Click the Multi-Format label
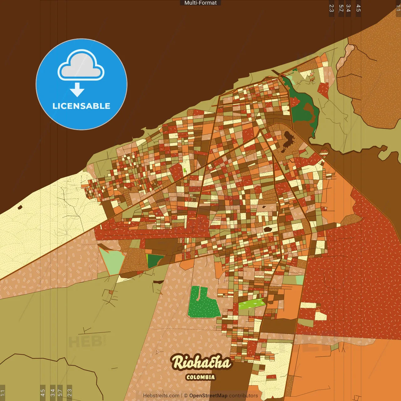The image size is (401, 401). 200,3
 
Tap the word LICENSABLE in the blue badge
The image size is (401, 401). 81,106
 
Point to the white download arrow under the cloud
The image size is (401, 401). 77,90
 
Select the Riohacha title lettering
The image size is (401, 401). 201,363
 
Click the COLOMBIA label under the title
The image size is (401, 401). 200,377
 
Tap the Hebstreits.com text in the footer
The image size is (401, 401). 161,396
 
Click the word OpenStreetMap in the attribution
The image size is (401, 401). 208,396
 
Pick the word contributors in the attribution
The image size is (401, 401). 243,396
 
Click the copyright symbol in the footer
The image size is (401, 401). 186,396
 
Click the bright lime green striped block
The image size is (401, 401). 252,303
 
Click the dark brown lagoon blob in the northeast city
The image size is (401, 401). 288,139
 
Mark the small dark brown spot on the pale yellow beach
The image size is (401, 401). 20,207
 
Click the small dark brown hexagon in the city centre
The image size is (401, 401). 267,229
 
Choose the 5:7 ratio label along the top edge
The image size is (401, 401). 341,8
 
